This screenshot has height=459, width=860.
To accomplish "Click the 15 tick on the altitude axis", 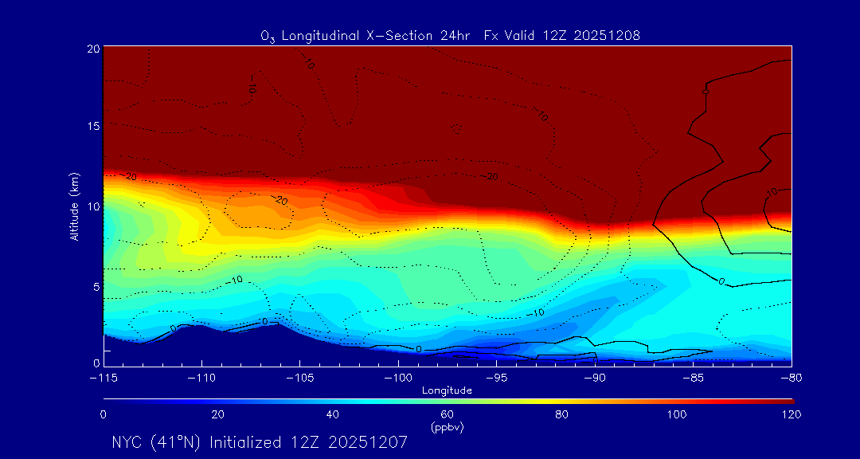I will pos(92,127).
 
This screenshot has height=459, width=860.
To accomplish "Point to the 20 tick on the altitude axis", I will pos(92,49).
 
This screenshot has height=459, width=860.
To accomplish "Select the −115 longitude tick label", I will pos(104,375).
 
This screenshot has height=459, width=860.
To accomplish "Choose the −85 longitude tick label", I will pos(693,375).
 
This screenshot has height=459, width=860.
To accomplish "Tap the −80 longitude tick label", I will pos(790,375).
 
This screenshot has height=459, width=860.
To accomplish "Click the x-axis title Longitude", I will pos(447,390).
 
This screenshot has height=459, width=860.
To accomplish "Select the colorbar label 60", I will pos(447,414).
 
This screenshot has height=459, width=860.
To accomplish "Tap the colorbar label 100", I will pos(676,414).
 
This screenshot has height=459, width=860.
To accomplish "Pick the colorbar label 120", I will pos(790,414).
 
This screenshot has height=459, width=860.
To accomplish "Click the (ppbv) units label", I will pos(447,427).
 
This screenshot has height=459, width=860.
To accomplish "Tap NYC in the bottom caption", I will pos(128,442).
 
